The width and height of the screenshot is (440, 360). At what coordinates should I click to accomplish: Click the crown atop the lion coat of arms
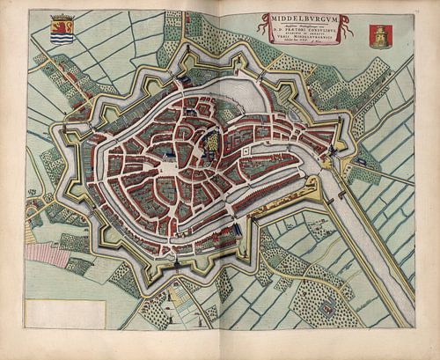(62, 17)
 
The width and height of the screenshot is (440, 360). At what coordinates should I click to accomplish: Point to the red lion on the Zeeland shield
(62, 26)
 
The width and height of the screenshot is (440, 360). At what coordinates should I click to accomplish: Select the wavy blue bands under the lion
(62, 38)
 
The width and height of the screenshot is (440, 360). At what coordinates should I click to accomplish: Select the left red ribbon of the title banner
(262, 31)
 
